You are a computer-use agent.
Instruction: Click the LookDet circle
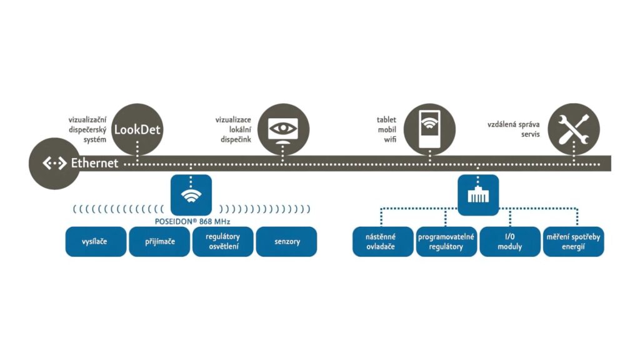click(x=137, y=130)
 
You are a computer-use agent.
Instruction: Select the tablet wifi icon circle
click(x=427, y=128)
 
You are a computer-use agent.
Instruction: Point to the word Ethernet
click(x=94, y=163)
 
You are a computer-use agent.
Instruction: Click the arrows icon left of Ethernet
click(x=54, y=163)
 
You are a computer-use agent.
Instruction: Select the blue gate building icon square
click(x=478, y=195)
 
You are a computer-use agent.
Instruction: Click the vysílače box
click(x=96, y=241)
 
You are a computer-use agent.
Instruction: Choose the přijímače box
click(x=159, y=241)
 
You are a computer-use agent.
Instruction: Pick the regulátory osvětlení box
click(x=222, y=241)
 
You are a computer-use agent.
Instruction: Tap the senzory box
click(x=286, y=241)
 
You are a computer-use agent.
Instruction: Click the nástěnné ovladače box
click(x=382, y=241)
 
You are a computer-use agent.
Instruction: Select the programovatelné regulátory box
click(x=446, y=241)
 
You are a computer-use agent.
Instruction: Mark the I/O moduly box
click(x=509, y=241)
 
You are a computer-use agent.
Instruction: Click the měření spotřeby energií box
click(x=573, y=241)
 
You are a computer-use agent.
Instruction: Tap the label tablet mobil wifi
click(x=386, y=129)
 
